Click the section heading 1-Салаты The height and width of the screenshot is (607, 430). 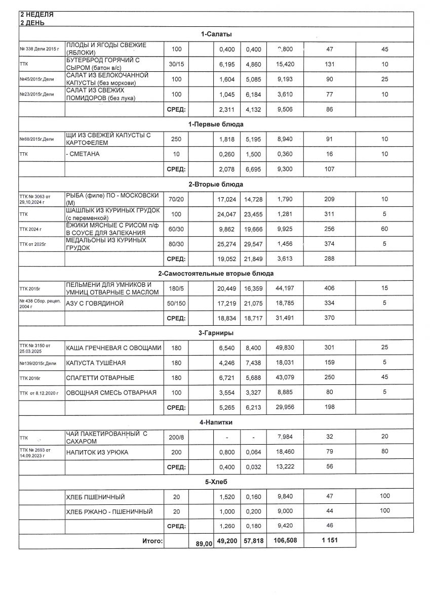pyautogui.click(x=216, y=34)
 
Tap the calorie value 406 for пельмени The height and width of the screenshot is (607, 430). pyautogui.click(x=329, y=288)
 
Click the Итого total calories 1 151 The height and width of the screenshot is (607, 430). pyautogui.click(x=329, y=541)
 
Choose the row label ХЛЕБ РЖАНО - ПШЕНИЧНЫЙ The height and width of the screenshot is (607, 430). pyautogui.click(x=109, y=511)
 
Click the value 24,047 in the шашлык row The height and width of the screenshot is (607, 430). pyautogui.click(x=227, y=214)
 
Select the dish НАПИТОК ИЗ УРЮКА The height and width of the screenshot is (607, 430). pyautogui.click(x=97, y=452)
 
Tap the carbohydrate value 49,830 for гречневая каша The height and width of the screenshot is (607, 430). pyautogui.click(x=282, y=348)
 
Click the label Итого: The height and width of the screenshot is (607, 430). pyautogui.click(x=152, y=541)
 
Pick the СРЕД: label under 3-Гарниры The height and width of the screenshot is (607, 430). pyautogui.click(x=176, y=407)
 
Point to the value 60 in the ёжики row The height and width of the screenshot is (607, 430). pyautogui.click(x=384, y=229)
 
